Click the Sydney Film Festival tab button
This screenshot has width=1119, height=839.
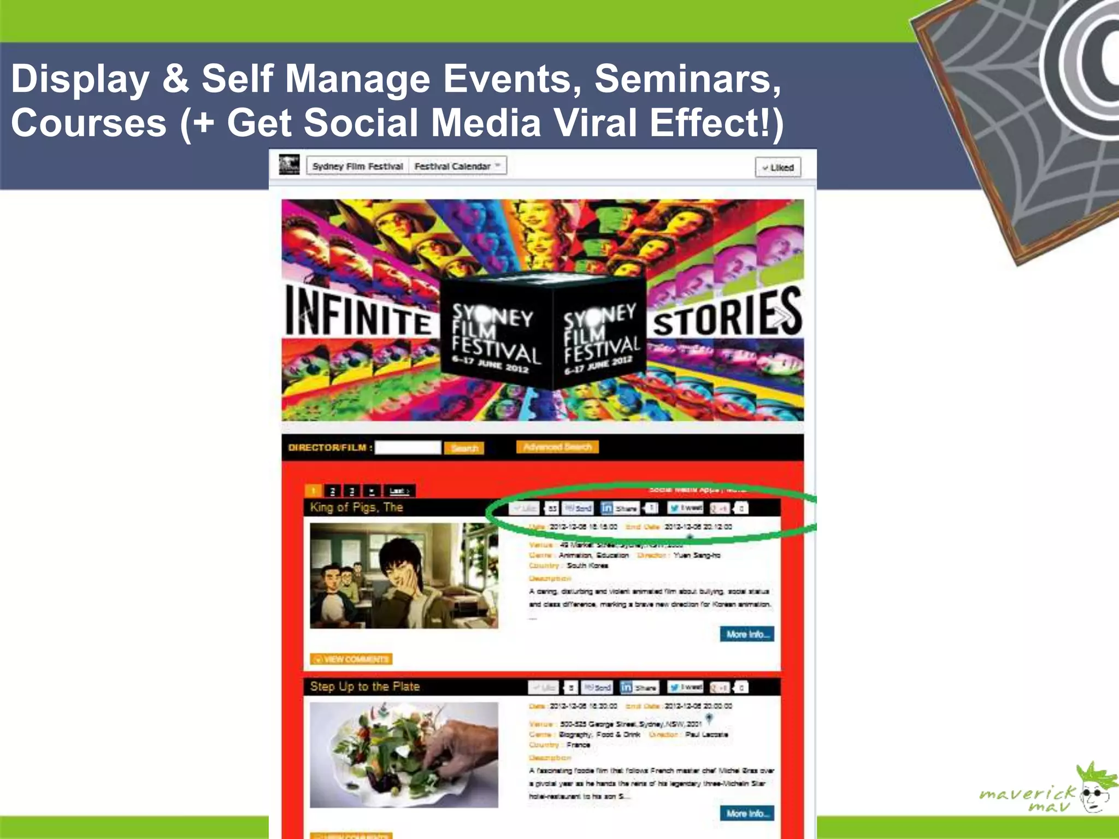(357, 166)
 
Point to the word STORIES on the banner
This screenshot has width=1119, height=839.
(727, 315)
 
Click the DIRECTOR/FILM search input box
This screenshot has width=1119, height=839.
(408, 447)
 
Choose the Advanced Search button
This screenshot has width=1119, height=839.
(557, 447)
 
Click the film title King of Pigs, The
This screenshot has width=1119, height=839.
(356, 507)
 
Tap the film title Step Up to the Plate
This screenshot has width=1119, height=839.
(364, 687)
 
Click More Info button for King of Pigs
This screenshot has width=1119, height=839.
(747, 634)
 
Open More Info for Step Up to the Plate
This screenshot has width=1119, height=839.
(747, 813)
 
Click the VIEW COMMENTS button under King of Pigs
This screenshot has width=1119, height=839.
(351, 659)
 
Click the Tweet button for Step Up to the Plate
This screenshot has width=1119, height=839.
(686, 687)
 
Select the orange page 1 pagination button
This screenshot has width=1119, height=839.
(313, 491)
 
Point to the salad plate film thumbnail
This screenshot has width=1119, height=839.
(404, 755)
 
